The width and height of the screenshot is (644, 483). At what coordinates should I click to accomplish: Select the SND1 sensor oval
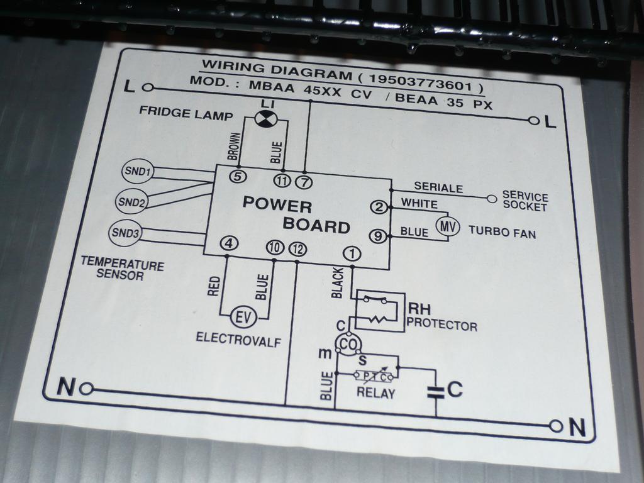pyautogui.click(x=137, y=171)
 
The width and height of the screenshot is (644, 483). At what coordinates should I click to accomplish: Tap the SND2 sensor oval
pyautogui.click(x=132, y=202)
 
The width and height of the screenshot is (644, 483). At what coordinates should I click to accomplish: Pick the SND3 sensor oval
pyautogui.click(x=126, y=233)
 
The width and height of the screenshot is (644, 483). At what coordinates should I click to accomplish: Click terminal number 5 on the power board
pyautogui.click(x=237, y=177)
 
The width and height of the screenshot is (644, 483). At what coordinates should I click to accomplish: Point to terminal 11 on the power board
pyautogui.click(x=282, y=181)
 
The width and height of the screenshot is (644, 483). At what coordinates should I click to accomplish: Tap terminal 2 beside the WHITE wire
pyautogui.click(x=378, y=207)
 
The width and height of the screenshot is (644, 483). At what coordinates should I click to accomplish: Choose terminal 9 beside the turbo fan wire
pyautogui.click(x=376, y=236)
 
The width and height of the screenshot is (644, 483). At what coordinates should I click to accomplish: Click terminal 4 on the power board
pyautogui.click(x=230, y=243)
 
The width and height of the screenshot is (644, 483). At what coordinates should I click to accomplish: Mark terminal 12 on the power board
pyautogui.click(x=297, y=249)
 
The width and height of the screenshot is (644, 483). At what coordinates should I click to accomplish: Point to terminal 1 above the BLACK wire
pyautogui.click(x=352, y=253)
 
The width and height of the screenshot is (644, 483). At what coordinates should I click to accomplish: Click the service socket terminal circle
pyautogui.click(x=492, y=199)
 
